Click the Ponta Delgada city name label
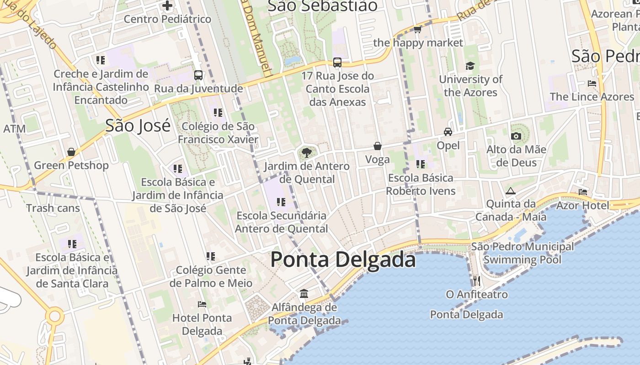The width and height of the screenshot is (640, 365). [x=343, y=260]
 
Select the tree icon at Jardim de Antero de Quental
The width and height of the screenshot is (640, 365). [x=306, y=152]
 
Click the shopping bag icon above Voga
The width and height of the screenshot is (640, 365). [x=378, y=146]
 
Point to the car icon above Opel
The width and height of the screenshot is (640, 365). [x=448, y=132]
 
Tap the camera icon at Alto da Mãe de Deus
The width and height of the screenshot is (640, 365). [x=516, y=136]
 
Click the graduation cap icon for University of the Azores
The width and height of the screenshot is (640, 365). [x=470, y=66]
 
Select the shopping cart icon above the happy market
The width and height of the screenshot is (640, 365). [x=417, y=30]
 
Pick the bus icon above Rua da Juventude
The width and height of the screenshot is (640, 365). [x=198, y=75]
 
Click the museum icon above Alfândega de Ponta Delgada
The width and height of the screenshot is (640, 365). [x=304, y=293]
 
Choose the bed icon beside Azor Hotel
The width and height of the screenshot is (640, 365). [x=583, y=192]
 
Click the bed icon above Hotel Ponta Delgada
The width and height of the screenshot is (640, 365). [x=202, y=304]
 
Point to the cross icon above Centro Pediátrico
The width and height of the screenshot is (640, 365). [x=167, y=6]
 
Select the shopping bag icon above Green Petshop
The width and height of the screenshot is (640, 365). [x=71, y=152]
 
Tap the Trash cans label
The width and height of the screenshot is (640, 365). [x=53, y=209]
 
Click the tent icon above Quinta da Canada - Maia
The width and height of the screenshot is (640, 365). [x=511, y=191]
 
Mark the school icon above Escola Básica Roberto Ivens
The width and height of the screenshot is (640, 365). [x=421, y=164]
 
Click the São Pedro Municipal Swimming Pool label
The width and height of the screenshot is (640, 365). [x=522, y=253]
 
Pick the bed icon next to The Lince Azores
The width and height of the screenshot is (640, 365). [x=592, y=83]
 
